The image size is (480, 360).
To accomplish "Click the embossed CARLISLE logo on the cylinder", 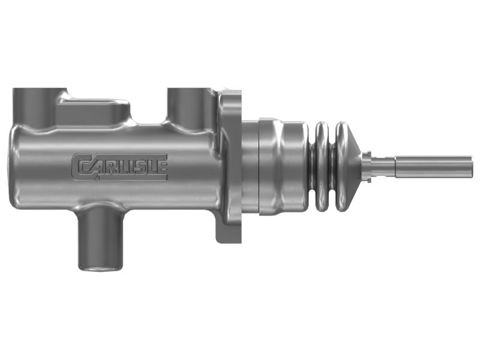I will pos(119,166).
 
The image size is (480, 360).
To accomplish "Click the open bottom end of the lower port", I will pos(101,268).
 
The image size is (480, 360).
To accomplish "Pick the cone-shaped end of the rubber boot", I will pos(353,166).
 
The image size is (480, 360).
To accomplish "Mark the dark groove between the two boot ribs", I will pos(332,166).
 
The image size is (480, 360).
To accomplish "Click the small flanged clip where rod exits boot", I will pos(367,166).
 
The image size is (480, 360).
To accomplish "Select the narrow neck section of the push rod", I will pos(384,166).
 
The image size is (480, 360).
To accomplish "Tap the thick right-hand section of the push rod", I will pos(432,166).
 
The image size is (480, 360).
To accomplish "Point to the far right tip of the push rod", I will pos(471,166).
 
